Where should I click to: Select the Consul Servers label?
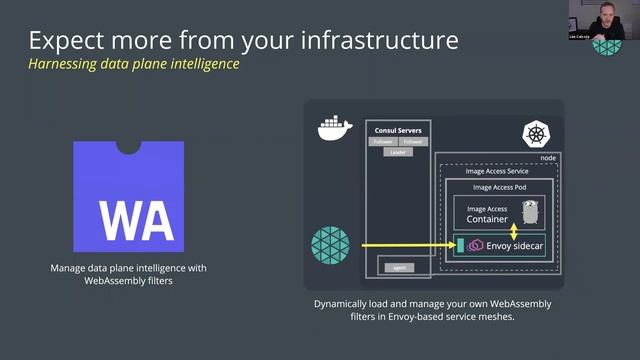coord(397,130)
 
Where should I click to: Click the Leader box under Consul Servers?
coord(397,152)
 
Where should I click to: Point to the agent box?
coord(397,267)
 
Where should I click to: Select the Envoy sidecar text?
coord(515,245)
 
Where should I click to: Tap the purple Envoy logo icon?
coord(476,245)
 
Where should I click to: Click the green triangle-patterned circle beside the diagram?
coord(329,246)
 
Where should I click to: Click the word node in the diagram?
coord(547,158)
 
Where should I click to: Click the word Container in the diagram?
coord(487,218)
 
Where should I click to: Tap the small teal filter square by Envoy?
coord(460,245)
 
